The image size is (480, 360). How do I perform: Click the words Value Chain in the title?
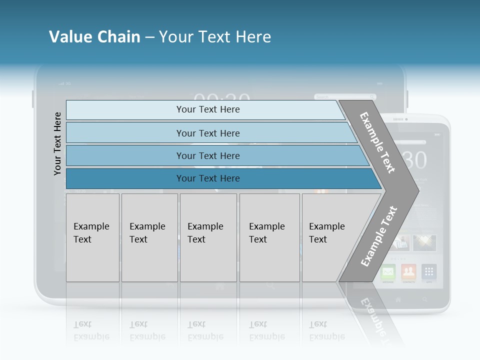point(94,37)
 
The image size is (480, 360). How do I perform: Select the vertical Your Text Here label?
point(57,143)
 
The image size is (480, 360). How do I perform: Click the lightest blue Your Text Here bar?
point(207,109)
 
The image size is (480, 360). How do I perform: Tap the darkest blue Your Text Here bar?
point(207,178)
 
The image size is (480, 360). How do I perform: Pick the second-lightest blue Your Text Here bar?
point(207,133)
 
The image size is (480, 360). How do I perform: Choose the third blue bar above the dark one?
point(207,155)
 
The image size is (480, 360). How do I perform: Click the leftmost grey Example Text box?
point(92,237)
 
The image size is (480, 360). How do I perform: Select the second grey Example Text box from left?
point(149,237)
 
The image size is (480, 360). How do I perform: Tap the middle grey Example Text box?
point(208,237)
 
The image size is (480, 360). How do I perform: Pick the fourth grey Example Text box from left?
point(269,237)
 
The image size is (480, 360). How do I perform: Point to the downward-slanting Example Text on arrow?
point(377,142)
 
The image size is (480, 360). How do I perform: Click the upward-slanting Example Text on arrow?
point(378,236)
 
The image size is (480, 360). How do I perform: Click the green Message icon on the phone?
point(388,272)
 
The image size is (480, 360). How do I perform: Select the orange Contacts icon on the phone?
point(408,272)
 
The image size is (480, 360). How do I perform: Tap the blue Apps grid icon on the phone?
point(428,272)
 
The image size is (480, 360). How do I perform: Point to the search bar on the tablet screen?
point(345,96)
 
